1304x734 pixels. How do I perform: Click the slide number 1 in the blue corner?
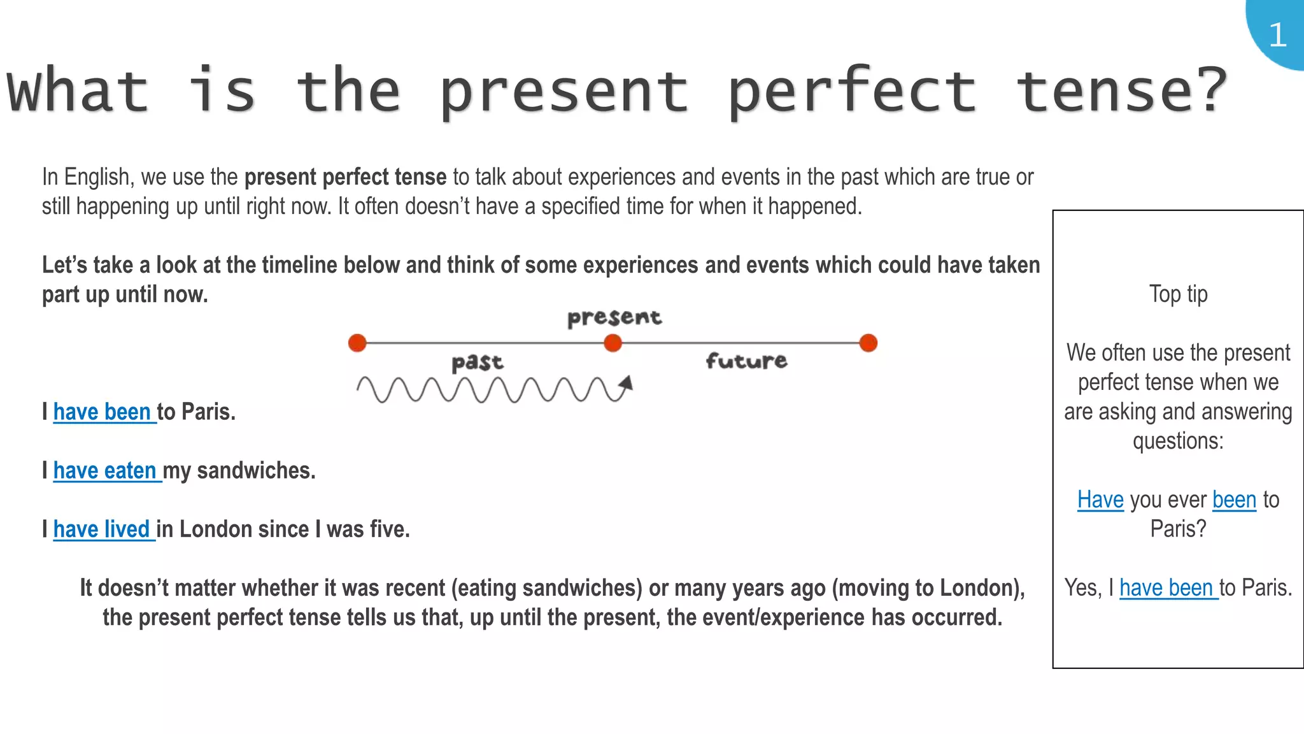pyautogui.click(x=1277, y=34)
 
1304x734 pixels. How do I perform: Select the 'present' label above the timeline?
pyautogui.click(x=614, y=317)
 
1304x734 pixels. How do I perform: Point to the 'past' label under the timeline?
pyautogui.click(x=477, y=363)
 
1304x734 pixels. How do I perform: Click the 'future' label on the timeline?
pyautogui.click(x=746, y=361)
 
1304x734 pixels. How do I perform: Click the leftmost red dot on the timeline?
pyautogui.click(x=357, y=343)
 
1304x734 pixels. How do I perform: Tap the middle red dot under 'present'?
pyautogui.click(x=613, y=343)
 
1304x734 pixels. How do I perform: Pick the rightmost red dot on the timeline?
pyautogui.click(x=868, y=343)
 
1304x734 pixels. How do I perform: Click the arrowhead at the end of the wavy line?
pyautogui.click(x=627, y=383)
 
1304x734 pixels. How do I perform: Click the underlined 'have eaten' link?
pyautogui.click(x=105, y=471)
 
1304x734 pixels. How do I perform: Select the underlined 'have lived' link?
pyautogui.click(x=102, y=529)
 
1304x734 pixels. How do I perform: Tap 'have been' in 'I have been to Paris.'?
pyautogui.click(x=103, y=412)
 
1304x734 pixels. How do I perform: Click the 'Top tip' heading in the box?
pyautogui.click(x=1178, y=294)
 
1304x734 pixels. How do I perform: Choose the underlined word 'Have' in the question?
pyautogui.click(x=1100, y=500)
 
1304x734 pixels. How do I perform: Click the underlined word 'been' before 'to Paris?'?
pyautogui.click(x=1234, y=500)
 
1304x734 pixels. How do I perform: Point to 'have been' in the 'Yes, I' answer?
pyautogui.click(x=1166, y=588)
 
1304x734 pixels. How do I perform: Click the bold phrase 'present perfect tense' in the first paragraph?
pyautogui.click(x=346, y=177)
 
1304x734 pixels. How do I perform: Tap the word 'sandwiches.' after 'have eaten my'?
pyautogui.click(x=256, y=471)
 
